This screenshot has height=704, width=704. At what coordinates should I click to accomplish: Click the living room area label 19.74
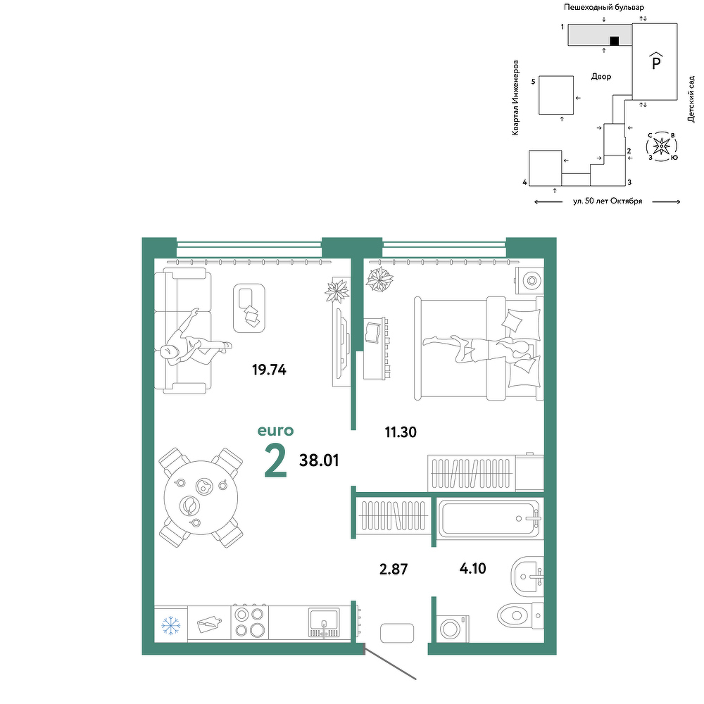pos(269,370)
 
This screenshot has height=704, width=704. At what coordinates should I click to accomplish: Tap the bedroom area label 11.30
pos(401,432)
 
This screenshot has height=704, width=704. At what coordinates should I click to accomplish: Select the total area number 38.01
pos(319,460)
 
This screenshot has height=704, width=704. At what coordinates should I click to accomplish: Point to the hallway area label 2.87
pos(394,570)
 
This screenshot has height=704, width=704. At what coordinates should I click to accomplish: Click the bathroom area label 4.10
pos(473,568)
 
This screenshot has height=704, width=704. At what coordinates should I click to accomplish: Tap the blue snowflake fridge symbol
pos(170,625)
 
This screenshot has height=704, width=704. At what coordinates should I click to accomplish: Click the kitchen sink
pos(324,623)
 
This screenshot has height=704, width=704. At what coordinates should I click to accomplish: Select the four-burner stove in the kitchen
pos(250,622)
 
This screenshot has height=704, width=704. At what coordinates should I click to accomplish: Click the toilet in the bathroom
pos(521,615)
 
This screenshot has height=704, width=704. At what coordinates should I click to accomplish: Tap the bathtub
pos(489,519)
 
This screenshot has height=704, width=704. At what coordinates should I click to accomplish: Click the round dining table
pos(201,497)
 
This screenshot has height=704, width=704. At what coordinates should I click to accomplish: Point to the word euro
pos(275,431)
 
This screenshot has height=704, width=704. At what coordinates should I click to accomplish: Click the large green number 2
pos(275,460)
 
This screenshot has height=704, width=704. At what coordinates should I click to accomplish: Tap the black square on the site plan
pos(614,41)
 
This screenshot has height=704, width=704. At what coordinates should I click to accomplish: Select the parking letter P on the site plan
pos(656,61)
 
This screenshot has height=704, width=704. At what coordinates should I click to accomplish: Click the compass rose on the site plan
pos(661,146)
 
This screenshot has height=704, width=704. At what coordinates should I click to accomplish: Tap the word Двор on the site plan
pos(601,77)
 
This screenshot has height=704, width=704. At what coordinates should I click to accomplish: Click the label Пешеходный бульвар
pos(604,7)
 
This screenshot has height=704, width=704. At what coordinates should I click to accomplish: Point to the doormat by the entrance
pos(397,633)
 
